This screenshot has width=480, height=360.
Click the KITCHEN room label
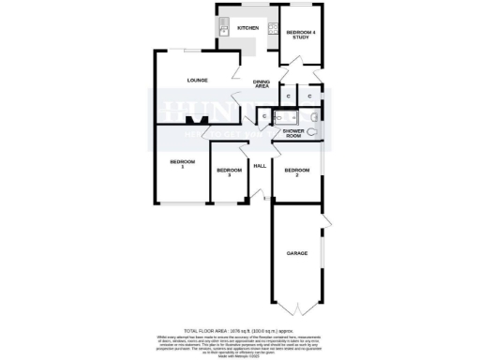coord(247,28)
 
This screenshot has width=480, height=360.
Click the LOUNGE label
coord(196,80)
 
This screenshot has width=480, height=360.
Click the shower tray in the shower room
coord(285,116)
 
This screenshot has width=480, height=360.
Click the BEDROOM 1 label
coord(182,164)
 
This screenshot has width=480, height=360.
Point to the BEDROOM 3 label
coord(223,172)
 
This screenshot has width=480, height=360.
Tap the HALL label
coord(261,166)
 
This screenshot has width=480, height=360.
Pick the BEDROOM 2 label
coord(296,173)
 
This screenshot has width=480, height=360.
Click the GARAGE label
coord(297,253)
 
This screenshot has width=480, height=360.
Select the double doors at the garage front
coord(297,308)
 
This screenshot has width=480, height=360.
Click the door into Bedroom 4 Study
coord(294,63)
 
